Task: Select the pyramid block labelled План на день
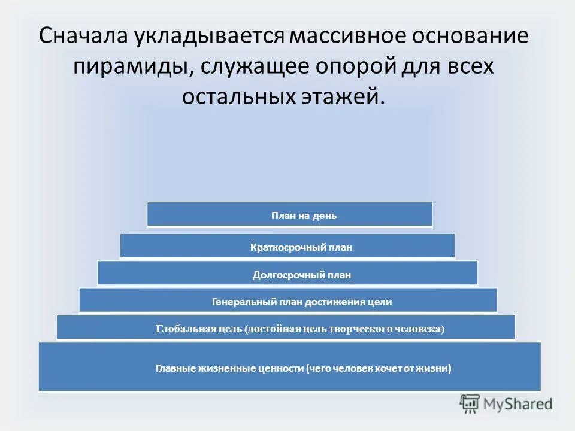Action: [x=290, y=214]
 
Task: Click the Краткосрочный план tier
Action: [x=287, y=246]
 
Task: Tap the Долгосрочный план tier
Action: [x=287, y=273]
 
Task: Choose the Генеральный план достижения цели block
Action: [x=287, y=301]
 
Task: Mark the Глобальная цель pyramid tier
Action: [x=286, y=327]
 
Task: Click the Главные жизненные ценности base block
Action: [x=290, y=367]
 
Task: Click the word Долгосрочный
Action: [x=279, y=275]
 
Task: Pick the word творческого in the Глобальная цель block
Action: [x=358, y=329]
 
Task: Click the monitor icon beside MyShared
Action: [x=470, y=403]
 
